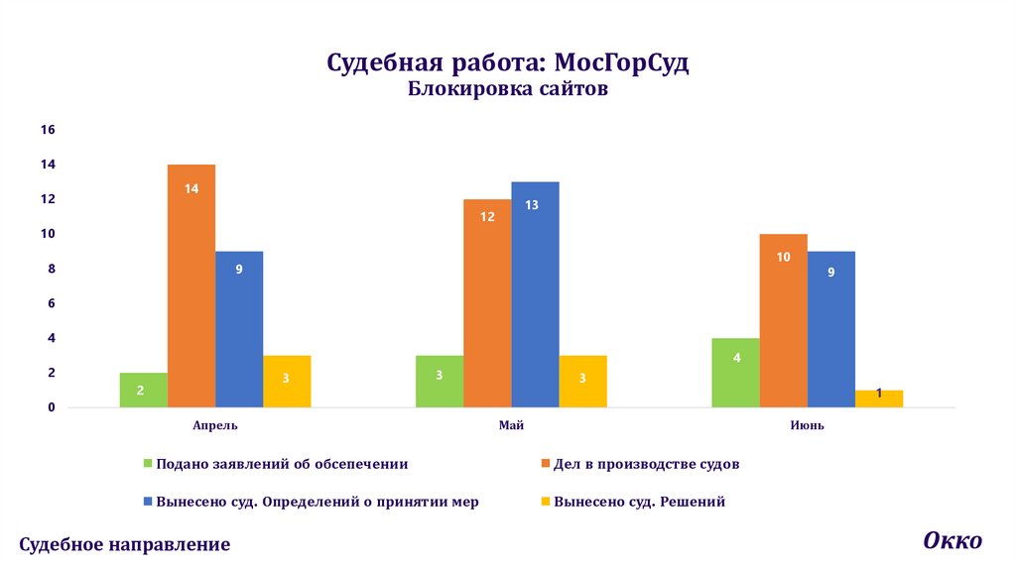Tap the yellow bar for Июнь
[x=879, y=398]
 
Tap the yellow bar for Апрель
[x=288, y=382]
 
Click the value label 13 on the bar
[x=532, y=205]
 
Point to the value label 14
[x=191, y=187]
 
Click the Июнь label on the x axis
[x=809, y=425]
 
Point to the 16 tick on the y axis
[x=47, y=130]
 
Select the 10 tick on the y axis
[x=47, y=234]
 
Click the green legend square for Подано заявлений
[x=149, y=463]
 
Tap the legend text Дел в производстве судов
[x=647, y=463]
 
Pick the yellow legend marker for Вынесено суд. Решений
[x=546, y=502]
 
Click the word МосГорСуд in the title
[x=621, y=64]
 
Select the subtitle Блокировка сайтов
[x=507, y=90]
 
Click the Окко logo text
[x=952, y=540]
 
